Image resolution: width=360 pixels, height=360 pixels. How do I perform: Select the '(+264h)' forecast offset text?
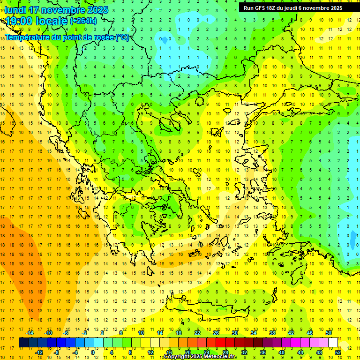pyautogui.click(x=83, y=21)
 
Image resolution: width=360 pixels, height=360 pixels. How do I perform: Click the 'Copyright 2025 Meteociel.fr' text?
pyautogui.click(x=201, y=357)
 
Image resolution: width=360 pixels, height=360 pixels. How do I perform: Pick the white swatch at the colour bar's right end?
pyautogui.click(x=333, y=343)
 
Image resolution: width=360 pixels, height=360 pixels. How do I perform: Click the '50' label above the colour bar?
pyautogui.click(x=329, y=333)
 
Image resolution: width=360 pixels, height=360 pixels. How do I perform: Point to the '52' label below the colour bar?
pyautogui.click(x=338, y=352)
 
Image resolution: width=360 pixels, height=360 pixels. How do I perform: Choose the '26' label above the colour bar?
pyautogui.click(x=216, y=333)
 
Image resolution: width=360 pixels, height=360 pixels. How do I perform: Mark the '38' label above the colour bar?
pyautogui.click(x=272, y=333)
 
